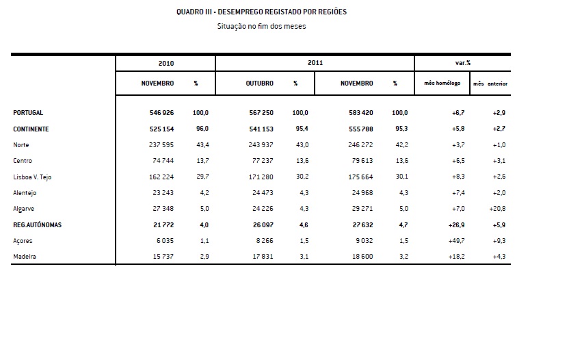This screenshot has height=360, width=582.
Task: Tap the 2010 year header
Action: point(166,63)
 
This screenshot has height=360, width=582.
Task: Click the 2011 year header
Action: point(315,63)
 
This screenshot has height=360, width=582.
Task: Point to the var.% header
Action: point(463,63)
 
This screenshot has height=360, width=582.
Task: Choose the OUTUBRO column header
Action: point(260,83)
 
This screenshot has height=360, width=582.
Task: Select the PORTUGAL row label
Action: point(28,113)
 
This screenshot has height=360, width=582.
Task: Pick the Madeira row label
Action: point(25,257)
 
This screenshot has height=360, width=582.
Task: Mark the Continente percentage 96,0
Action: point(201,129)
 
